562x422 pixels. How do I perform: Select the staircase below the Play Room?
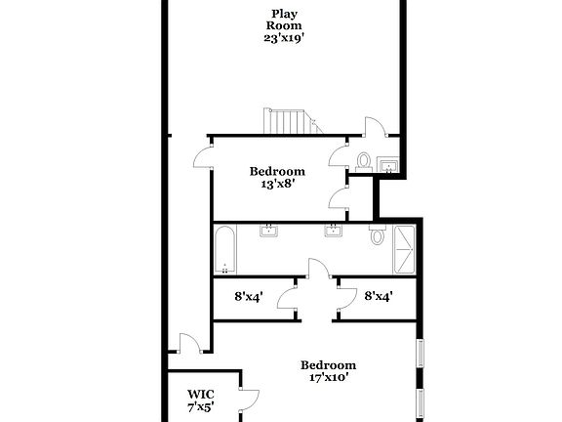click(x=290, y=122)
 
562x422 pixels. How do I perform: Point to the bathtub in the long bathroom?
click(x=224, y=251)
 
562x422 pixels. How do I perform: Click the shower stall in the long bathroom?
click(x=404, y=250)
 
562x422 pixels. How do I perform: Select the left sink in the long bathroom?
click(x=269, y=232)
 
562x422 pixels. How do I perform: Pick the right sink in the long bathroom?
click(x=334, y=232)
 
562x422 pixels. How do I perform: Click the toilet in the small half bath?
click(x=363, y=161)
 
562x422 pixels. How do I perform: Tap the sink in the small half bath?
click(x=388, y=164)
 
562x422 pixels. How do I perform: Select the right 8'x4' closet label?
click(x=377, y=295)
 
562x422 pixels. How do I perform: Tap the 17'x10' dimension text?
click(x=329, y=375)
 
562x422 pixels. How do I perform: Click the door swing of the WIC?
click(x=252, y=398)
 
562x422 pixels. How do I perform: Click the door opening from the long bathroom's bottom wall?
click(x=318, y=270)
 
